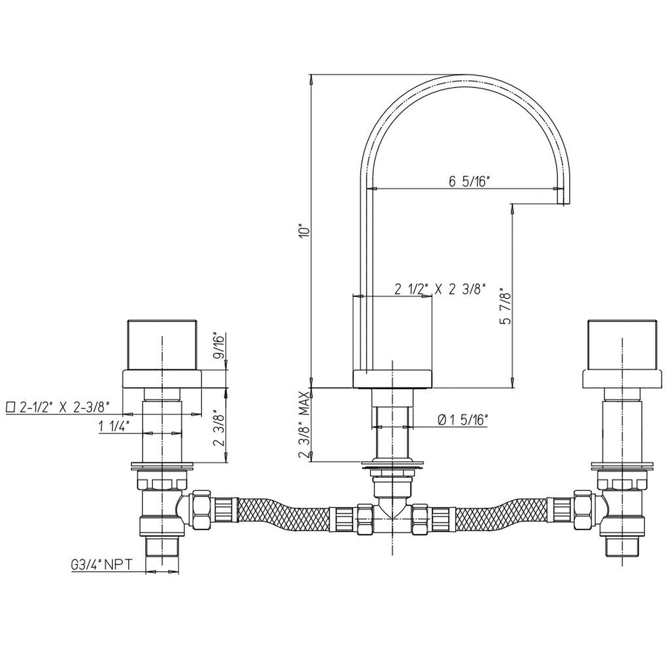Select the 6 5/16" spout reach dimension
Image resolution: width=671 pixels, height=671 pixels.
pyautogui.click(x=469, y=182)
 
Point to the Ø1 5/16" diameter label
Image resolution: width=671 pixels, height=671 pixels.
pyautogui.click(x=462, y=420)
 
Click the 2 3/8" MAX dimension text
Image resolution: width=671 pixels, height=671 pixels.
pyautogui.click(x=304, y=424)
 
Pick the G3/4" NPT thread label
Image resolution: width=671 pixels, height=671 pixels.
pyautogui.click(x=101, y=565)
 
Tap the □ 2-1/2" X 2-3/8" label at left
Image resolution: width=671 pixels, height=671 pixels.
pyautogui.click(x=58, y=407)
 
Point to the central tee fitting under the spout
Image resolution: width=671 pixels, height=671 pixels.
pyautogui.click(x=392, y=515)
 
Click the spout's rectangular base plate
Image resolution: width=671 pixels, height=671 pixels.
pyautogui.click(x=392, y=378)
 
